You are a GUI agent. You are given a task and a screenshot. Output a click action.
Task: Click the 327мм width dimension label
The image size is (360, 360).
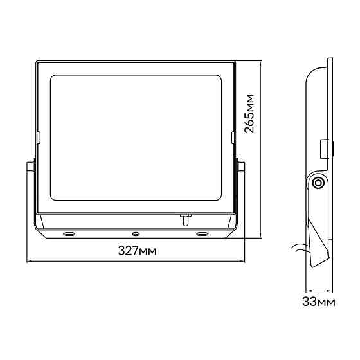click(x=138, y=251)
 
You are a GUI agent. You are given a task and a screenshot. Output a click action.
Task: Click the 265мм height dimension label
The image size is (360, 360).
click(x=249, y=114)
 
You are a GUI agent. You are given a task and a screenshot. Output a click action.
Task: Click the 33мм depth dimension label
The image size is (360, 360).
click(x=319, y=301)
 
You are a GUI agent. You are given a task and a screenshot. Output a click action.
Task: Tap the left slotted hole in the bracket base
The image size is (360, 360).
click(x=69, y=234)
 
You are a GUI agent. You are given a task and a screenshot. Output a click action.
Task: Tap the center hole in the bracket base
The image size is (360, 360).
click(x=136, y=234)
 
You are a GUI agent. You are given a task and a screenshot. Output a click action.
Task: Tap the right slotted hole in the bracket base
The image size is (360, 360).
click(x=203, y=234)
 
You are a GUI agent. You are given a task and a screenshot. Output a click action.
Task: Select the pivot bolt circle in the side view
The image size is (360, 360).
click(x=318, y=183)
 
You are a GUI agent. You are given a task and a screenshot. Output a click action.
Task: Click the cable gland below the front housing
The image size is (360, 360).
click(x=185, y=220)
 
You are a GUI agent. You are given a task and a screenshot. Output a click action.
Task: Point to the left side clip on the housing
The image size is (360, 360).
click(x=38, y=138)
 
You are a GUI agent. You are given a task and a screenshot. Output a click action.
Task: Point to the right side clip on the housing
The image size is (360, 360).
click(x=233, y=138)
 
